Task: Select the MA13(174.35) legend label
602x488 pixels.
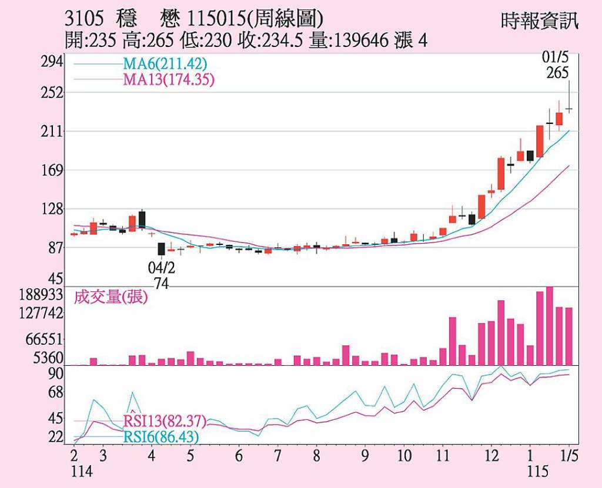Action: pyautogui.click(x=168, y=79)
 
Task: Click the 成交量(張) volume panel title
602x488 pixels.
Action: pyautogui.click(x=111, y=298)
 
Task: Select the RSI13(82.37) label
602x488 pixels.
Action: pyautogui.click(x=165, y=421)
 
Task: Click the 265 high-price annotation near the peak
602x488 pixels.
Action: pyautogui.click(x=557, y=73)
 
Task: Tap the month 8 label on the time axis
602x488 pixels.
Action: pyautogui.click(x=317, y=456)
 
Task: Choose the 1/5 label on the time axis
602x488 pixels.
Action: pyautogui.click(x=568, y=456)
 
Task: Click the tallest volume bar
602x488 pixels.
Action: pyautogui.click(x=550, y=325)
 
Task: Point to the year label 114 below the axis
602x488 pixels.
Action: pyautogui.click(x=82, y=472)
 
